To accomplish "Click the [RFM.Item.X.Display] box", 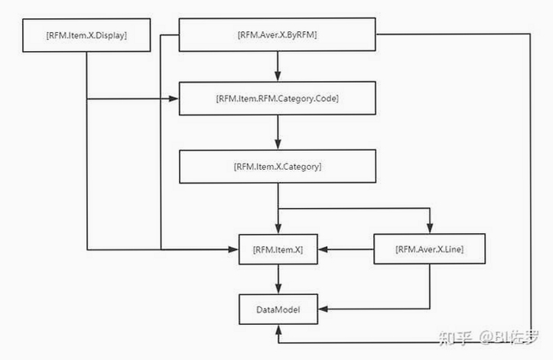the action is [86, 35].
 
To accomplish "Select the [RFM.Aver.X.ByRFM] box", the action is [277, 34].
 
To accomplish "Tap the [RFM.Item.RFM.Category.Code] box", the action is [277, 99].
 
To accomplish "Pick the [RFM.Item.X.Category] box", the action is [278, 167].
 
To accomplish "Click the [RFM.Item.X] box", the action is [278, 249].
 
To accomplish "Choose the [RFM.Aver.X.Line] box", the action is [430, 249].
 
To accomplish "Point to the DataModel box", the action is [278, 310].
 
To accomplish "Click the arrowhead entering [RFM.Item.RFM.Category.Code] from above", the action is [278, 76].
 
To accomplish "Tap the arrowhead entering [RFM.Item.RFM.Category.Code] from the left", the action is [174, 99].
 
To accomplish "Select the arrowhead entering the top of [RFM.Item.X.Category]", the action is [278, 144].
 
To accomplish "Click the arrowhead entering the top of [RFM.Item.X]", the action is [278, 229].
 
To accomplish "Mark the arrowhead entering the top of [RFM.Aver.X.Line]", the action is [430, 228].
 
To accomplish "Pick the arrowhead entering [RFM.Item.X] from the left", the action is [233, 250].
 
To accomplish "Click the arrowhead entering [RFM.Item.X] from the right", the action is [324, 249].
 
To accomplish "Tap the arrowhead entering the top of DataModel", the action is [278, 289].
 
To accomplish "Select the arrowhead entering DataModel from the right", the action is [324, 310].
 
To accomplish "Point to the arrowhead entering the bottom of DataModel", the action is [278, 329].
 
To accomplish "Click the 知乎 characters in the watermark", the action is [455, 337].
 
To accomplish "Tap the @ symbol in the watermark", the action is [486, 337].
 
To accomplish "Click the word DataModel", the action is [278, 310].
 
